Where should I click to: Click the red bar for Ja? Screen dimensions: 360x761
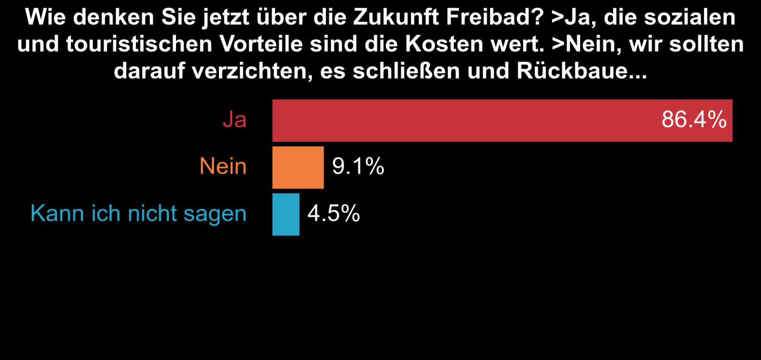tap(476, 120)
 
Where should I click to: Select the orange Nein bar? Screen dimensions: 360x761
tap(298, 167)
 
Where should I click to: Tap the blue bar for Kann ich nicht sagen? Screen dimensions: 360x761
tap(286, 214)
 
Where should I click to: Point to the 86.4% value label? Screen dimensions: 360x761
tap(694, 119)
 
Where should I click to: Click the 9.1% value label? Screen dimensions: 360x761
tap(358, 166)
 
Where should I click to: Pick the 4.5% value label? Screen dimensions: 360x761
tap(334, 214)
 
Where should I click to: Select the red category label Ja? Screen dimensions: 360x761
tap(234, 119)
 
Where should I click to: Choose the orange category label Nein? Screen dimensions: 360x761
tap(223, 166)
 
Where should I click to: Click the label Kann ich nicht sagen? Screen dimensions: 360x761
tap(138, 214)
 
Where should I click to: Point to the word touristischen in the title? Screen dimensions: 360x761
tap(139, 44)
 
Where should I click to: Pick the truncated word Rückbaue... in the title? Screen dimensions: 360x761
tap(582, 71)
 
